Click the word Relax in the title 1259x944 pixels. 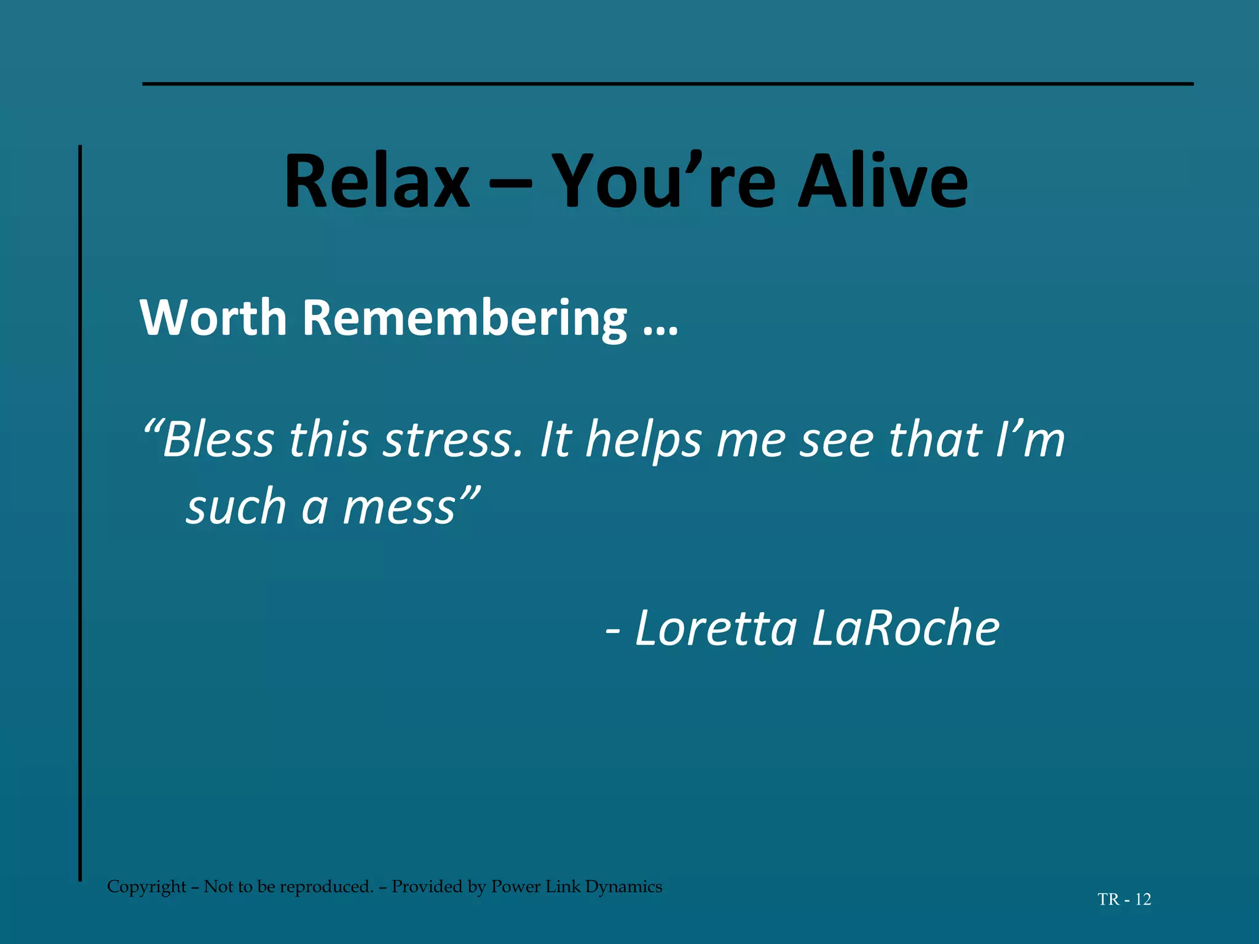pos(376,182)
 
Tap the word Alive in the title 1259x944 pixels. pos(883,182)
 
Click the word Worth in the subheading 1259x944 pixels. pos(213,318)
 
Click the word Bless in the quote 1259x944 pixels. pos(218,440)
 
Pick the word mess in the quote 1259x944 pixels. pos(399,508)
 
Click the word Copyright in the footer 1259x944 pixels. pos(146,887)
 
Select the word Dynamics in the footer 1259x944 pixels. pos(623,887)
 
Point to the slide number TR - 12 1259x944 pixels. pos(1124,900)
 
